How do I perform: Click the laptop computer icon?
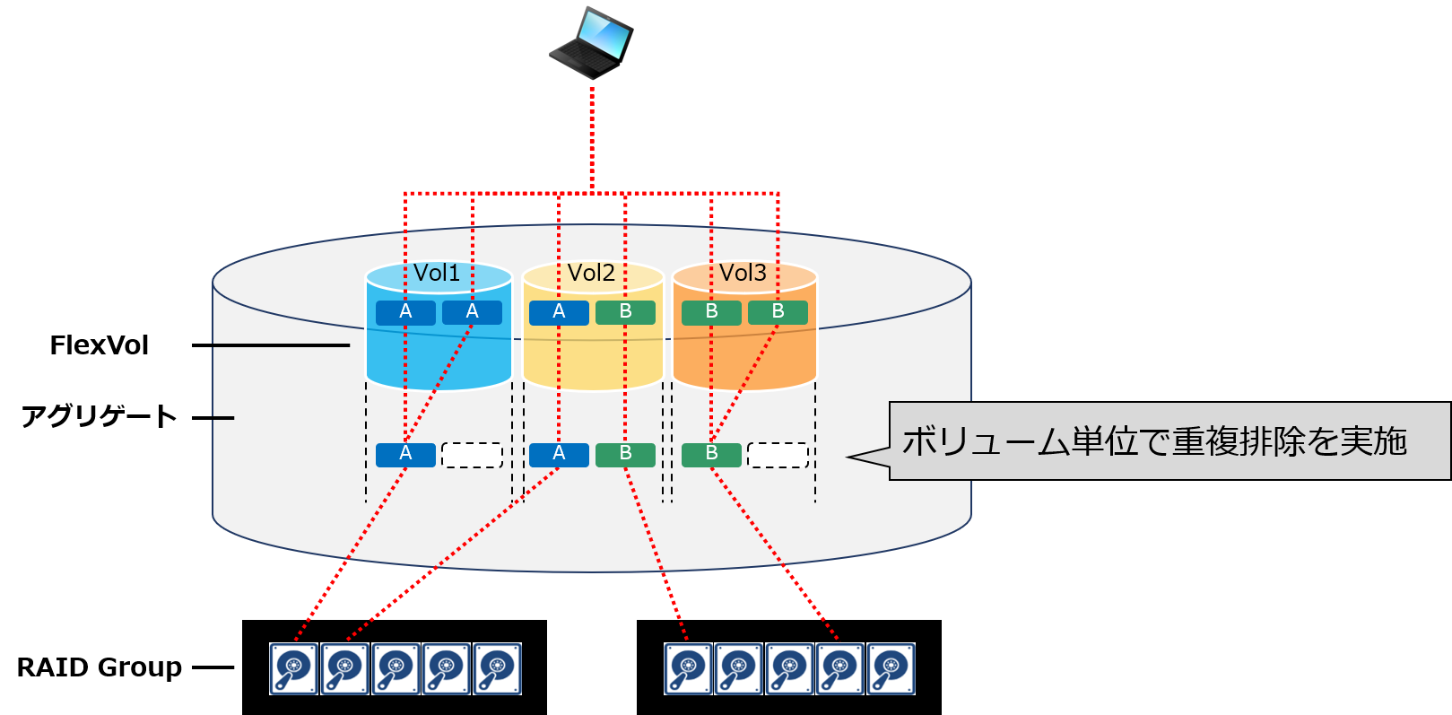coord(591,41)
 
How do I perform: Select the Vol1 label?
coord(437,273)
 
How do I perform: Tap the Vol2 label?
coord(591,273)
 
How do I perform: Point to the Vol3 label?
coord(743,273)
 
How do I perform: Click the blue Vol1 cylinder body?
coord(439,359)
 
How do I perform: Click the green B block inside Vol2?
coord(625,312)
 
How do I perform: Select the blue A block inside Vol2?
coord(559,312)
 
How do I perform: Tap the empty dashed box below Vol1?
coord(473,455)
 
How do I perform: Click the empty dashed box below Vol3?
coord(778,455)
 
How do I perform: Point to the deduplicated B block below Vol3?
coord(711,455)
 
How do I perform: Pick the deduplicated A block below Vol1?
coord(405,455)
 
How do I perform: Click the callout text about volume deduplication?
coord(1154,441)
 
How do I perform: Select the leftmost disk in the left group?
coord(294,669)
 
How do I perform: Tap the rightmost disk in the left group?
coord(497,669)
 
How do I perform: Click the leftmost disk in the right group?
coord(689,669)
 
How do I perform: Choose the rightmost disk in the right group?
coord(891,669)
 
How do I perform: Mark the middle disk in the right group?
coord(789,669)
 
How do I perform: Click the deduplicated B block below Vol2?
coord(625,455)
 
